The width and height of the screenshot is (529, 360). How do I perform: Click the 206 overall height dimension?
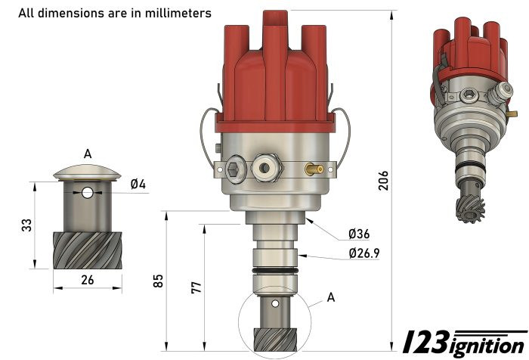383,179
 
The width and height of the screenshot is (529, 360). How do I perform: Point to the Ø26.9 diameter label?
363,253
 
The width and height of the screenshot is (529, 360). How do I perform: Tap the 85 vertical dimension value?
158,281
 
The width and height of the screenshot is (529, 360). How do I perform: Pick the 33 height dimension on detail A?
26,225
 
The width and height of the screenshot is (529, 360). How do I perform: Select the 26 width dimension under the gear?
87,279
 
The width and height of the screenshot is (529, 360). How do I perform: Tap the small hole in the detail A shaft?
88,193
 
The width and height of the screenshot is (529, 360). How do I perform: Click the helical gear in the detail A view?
87,250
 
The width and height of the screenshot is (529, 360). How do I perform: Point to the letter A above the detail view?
88,154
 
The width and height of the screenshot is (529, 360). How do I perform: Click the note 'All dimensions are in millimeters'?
115,13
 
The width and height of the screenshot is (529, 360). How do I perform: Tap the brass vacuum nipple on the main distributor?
314,169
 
